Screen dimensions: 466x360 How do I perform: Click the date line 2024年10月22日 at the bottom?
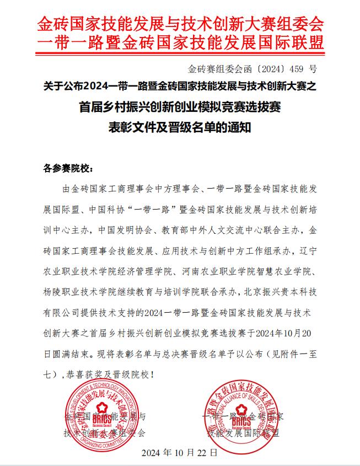[179, 452]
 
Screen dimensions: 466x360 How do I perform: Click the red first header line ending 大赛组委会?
[180, 23]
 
